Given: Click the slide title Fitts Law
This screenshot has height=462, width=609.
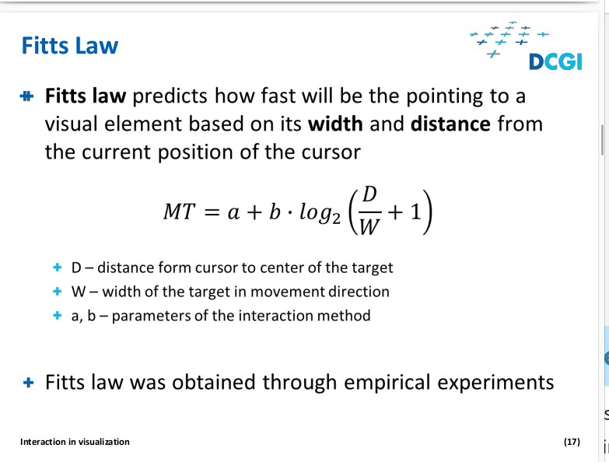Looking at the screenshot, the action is (70, 45).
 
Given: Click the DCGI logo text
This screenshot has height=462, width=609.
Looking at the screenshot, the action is (555, 62).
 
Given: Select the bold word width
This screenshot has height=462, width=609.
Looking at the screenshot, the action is (335, 124).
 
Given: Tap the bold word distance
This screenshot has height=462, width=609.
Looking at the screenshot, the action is (450, 124).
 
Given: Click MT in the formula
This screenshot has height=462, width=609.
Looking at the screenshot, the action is (179, 212).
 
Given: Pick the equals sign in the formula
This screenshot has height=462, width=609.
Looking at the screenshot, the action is (212, 213).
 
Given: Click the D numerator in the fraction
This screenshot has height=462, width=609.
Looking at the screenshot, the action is (369, 194).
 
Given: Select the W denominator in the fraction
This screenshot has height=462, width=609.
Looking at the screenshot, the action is (369, 227).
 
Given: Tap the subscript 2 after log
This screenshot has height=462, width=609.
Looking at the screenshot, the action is (336, 219).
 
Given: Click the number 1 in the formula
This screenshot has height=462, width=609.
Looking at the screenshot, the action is (415, 212).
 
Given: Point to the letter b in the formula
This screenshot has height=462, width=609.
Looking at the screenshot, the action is (275, 212).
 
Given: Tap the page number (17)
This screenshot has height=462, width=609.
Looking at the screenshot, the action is (572, 442).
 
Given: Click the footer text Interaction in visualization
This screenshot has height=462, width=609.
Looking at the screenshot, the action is (75, 442).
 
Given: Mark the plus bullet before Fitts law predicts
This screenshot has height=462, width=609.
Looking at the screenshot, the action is (26, 96).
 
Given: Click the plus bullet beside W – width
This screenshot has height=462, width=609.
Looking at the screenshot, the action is (57, 291).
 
